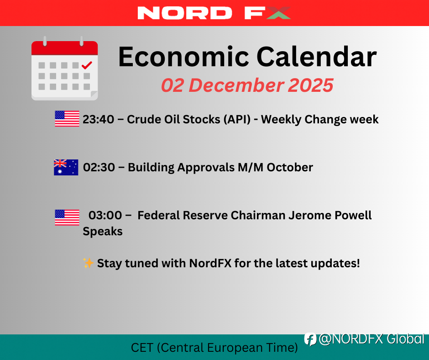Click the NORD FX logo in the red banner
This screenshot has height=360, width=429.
[214, 13]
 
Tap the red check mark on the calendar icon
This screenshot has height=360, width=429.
[87, 65]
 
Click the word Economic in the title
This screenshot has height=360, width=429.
[183, 57]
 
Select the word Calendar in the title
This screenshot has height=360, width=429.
[317, 57]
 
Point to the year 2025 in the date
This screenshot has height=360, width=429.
[310, 85]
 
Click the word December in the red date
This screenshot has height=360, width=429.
[236, 85]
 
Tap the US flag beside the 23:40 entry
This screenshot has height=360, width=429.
[67, 119]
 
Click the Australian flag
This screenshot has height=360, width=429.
[66, 167]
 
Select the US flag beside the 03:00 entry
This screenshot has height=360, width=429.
[67, 217]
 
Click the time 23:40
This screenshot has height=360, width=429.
[99, 119]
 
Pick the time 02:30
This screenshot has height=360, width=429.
[99, 167]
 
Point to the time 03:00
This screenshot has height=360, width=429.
[105, 215]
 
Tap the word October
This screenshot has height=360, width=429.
[290, 167]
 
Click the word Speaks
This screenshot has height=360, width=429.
[103, 232]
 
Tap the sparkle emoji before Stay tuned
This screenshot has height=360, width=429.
[88, 263]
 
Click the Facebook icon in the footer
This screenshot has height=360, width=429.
[310, 339]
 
